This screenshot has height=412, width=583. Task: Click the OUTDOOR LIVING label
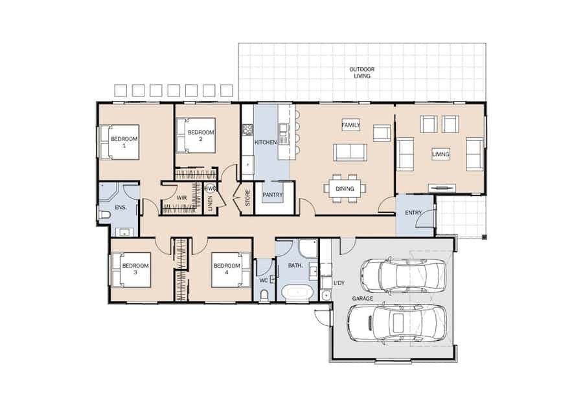tap(361, 72)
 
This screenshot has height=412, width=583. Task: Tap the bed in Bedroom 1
tap(119, 142)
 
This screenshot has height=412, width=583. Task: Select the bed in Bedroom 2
tap(196, 135)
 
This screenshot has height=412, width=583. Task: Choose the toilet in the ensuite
tap(104, 215)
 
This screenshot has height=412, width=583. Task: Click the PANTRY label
tap(273, 195)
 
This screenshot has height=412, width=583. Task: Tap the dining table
tap(345, 189)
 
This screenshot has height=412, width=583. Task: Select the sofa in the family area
tap(350, 152)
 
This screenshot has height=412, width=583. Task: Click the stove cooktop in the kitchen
tap(247, 129)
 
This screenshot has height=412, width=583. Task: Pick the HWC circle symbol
tap(210, 188)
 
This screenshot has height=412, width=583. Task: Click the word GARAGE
tap(363, 298)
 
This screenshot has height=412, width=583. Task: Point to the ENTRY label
tap(413, 213)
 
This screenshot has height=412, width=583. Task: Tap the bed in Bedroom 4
tap(231, 270)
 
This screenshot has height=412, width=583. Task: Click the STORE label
tap(247, 198)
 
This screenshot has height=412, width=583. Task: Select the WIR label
tap(182, 198)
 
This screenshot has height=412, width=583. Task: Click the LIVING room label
tap(440, 154)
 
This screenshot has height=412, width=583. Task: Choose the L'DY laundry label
tap(339, 283)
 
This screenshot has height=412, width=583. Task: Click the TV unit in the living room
tap(441, 188)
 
